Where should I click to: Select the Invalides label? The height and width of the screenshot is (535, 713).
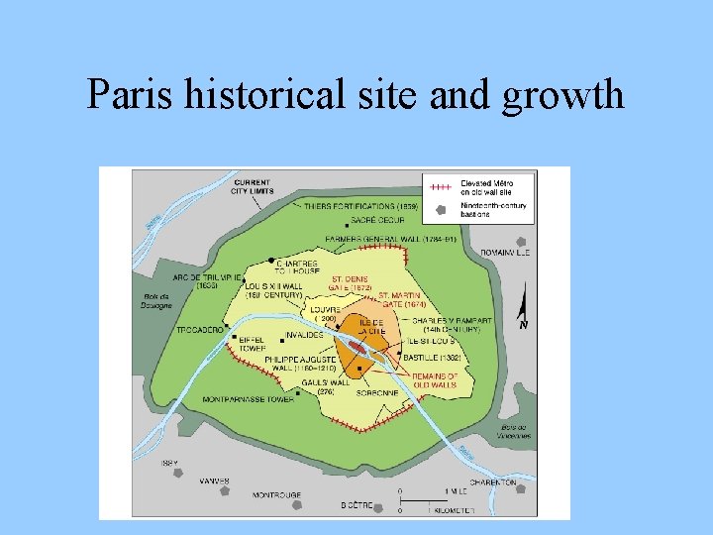point(304,335)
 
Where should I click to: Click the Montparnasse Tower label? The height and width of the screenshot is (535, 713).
point(248,399)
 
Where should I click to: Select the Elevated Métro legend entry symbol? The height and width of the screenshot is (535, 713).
point(442,186)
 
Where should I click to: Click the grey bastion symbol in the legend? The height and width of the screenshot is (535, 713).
point(442,209)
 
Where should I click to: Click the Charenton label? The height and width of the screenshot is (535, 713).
point(492,482)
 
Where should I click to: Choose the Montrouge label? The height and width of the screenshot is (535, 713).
point(276,494)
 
